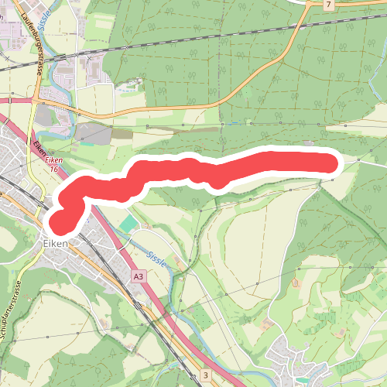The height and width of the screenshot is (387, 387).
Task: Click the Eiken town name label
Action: tap(56, 242)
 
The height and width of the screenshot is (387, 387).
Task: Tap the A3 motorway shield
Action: tap(139, 276)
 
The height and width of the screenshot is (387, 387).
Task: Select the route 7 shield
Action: tap(329, 5)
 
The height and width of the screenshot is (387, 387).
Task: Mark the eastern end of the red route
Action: tap(331, 163)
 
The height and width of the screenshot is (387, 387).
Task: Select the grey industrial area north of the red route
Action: tap(93, 133)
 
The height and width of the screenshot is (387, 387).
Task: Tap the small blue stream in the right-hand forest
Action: tap(235, 122)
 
